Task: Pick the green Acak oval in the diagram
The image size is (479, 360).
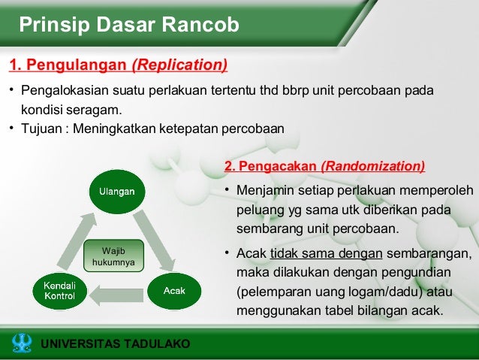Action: click(174, 290)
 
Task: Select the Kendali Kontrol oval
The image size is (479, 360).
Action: click(59, 291)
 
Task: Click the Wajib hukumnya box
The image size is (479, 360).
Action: click(113, 256)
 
